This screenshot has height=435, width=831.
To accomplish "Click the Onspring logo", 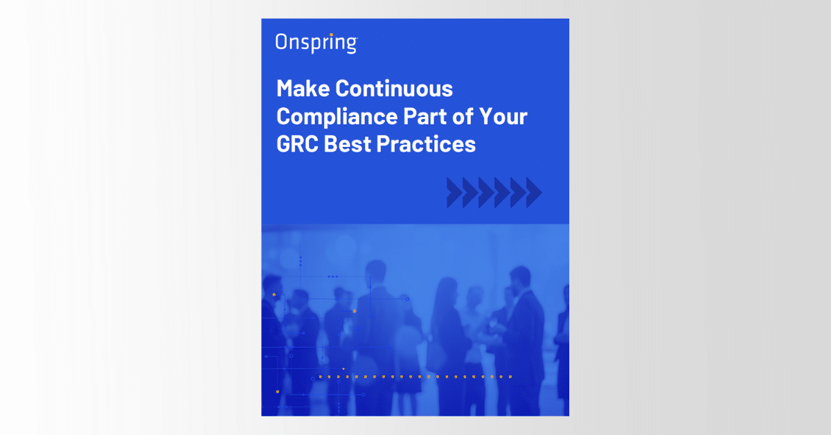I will click(x=316, y=43).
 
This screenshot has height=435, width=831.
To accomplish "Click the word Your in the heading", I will click(x=503, y=116).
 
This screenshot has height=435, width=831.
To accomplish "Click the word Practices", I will click(x=432, y=144).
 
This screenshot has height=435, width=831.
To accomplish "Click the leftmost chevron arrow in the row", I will click(x=454, y=193).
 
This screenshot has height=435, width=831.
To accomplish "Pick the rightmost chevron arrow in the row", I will click(x=533, y=193).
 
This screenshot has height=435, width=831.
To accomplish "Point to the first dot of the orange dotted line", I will click(x=320, y=377).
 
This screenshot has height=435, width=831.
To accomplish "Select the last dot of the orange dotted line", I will click(x=510, y=377).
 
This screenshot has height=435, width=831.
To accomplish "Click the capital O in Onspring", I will click(x=281, y=42).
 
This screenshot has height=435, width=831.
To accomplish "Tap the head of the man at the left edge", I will click(x=272, y=286).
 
